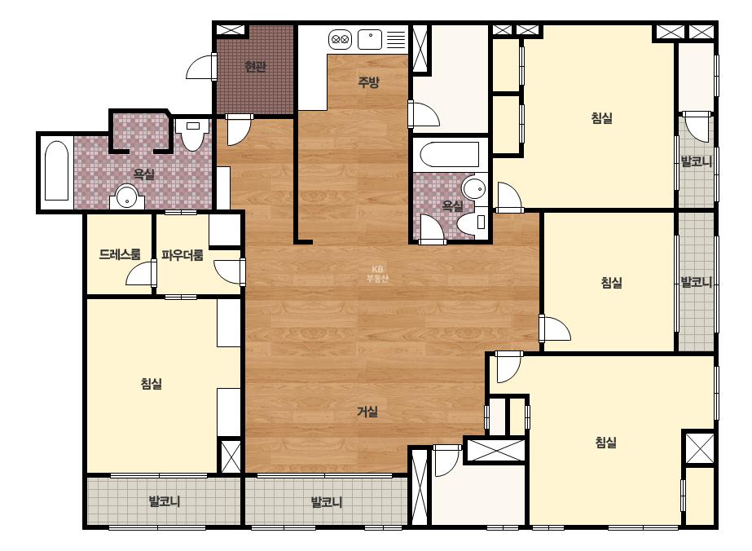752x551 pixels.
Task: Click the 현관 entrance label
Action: pyautogui.click(x=255, y=66)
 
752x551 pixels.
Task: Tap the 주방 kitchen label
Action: pyautogui.click(x=368, y=82)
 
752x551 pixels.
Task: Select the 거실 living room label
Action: pyautogui.click(x=367, y=412)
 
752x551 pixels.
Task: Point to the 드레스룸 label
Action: pyautogui.click(x=120, y=254)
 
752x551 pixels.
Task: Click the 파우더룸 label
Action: pyautogui.click(x=183, y=255)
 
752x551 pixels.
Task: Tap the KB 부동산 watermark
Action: pyautogui.click(x=377, y=274)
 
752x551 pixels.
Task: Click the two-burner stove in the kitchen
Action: pyautogui.click(x=340, y=39)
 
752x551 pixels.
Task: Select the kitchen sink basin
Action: pyautogui.click(x=370, y=39)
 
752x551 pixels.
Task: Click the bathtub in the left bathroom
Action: pyautogui.click(x=56, y=170)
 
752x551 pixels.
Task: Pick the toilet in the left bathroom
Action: pyautogui.click(x=192, y=134)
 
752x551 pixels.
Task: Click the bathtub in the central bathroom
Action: pyautogui.click(x=450, y=154)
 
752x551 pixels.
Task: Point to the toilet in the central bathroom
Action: pyautogui.click(x=472, y=223)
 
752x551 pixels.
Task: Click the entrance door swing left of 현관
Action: pyautogui.click(x=200, y=66)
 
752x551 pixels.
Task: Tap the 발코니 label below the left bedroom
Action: pyautogui.click(x=165, y=502)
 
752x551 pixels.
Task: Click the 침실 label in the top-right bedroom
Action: pyautogui.click(x=602, y=117)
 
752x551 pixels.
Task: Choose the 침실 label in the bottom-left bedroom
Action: pyautogui.click(x=151, y=383)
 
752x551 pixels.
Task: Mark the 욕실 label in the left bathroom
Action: pyautogui.click(x=144, y=174)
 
